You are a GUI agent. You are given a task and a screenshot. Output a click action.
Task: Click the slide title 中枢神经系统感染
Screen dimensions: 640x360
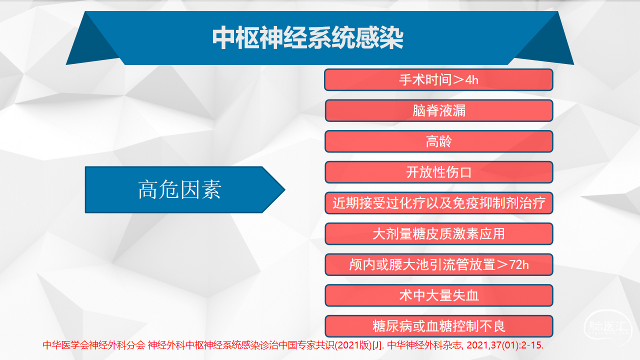(x=307, y=37)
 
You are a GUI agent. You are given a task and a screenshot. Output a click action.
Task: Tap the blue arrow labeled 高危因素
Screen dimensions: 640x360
(x=185, y=189)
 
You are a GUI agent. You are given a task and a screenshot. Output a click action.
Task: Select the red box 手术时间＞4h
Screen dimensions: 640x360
(x=438, y=79)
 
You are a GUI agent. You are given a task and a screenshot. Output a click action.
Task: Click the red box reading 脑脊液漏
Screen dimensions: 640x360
(x=439, y=110)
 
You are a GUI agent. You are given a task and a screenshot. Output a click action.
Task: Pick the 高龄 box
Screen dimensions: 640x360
(x=439, y=141)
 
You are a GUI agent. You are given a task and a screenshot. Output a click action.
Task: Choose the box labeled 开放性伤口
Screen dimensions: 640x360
(x=439, y=172)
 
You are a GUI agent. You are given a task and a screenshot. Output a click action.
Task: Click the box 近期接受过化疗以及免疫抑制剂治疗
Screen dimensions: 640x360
(x=439, y=203)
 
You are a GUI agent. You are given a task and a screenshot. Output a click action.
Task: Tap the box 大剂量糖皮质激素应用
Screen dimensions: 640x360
(x=439, y=234)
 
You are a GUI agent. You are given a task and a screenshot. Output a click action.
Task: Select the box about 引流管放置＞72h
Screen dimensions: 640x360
(x=439, y=265)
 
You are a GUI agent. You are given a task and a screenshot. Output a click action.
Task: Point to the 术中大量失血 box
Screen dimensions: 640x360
(x=439, y=295)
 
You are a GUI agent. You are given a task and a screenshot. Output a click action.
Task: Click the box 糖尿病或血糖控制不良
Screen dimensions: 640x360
(x=439, y=326)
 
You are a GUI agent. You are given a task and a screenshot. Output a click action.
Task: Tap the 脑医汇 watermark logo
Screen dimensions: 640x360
(x=607, y=326)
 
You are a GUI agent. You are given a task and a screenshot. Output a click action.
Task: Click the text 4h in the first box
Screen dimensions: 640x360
(x=471, y=80)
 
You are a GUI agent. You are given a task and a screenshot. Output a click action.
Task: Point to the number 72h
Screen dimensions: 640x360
(x=519, y=265)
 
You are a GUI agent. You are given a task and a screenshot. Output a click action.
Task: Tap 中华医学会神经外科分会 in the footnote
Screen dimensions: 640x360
(x=94, y=345)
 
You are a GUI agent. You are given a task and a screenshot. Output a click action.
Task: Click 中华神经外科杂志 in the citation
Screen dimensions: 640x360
(x=424, y=345)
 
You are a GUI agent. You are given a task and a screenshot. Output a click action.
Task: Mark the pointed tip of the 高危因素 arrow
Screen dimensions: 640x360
(x=285, y=189)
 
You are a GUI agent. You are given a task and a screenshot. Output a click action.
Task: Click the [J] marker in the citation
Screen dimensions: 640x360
(x=377, y=345)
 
